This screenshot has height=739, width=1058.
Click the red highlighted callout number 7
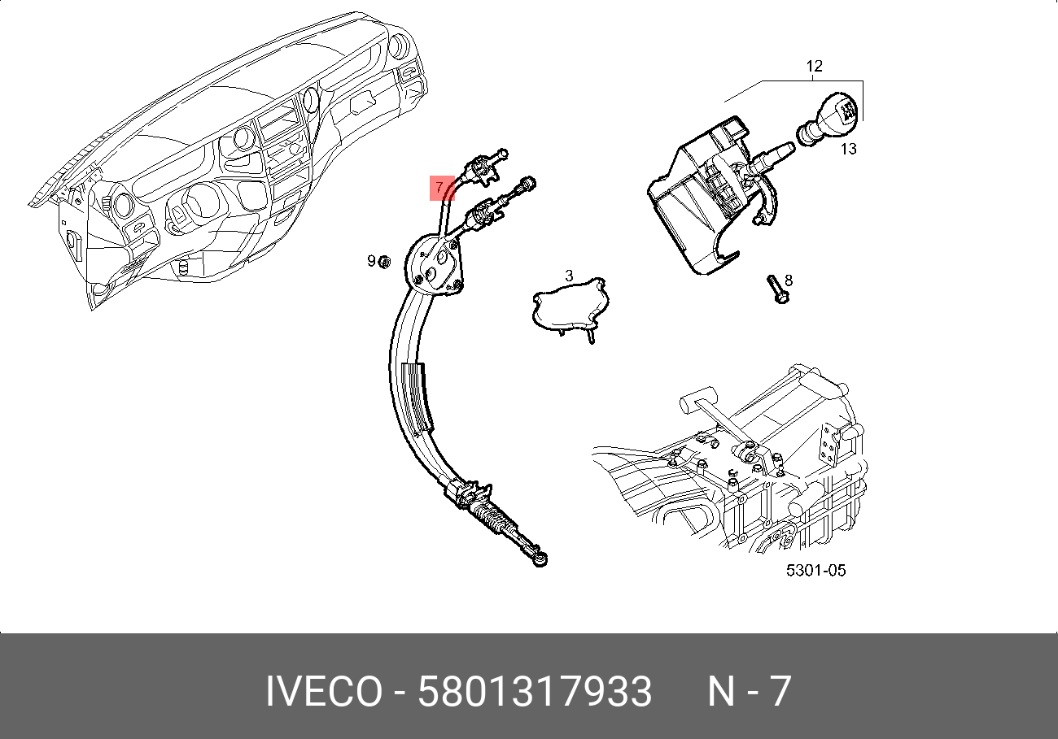pyautogui.click(x=440, y=187)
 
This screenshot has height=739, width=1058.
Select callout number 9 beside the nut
pyautogui.click(x=371, y=261)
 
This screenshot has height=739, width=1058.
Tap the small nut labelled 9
pyautogui.click(x=386, y=261)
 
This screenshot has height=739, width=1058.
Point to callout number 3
pyautogui.click(x=569, y=276)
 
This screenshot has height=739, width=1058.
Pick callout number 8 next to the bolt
pyautogui.click(x=788, y=280)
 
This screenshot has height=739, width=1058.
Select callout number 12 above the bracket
pyautogui.click(x=814, y=66)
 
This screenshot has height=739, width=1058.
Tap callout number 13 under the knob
pyautogui.click(x=848, y=149)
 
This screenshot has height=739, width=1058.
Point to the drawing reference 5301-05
pyautogui.click(x=815, y=571)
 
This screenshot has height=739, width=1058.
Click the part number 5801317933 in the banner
pyautogui.click(x=535, y=692)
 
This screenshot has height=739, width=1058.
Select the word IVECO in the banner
pyautogui.click(x=323, y=692)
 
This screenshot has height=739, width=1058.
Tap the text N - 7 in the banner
pyautogui.click(x=749, y=692)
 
